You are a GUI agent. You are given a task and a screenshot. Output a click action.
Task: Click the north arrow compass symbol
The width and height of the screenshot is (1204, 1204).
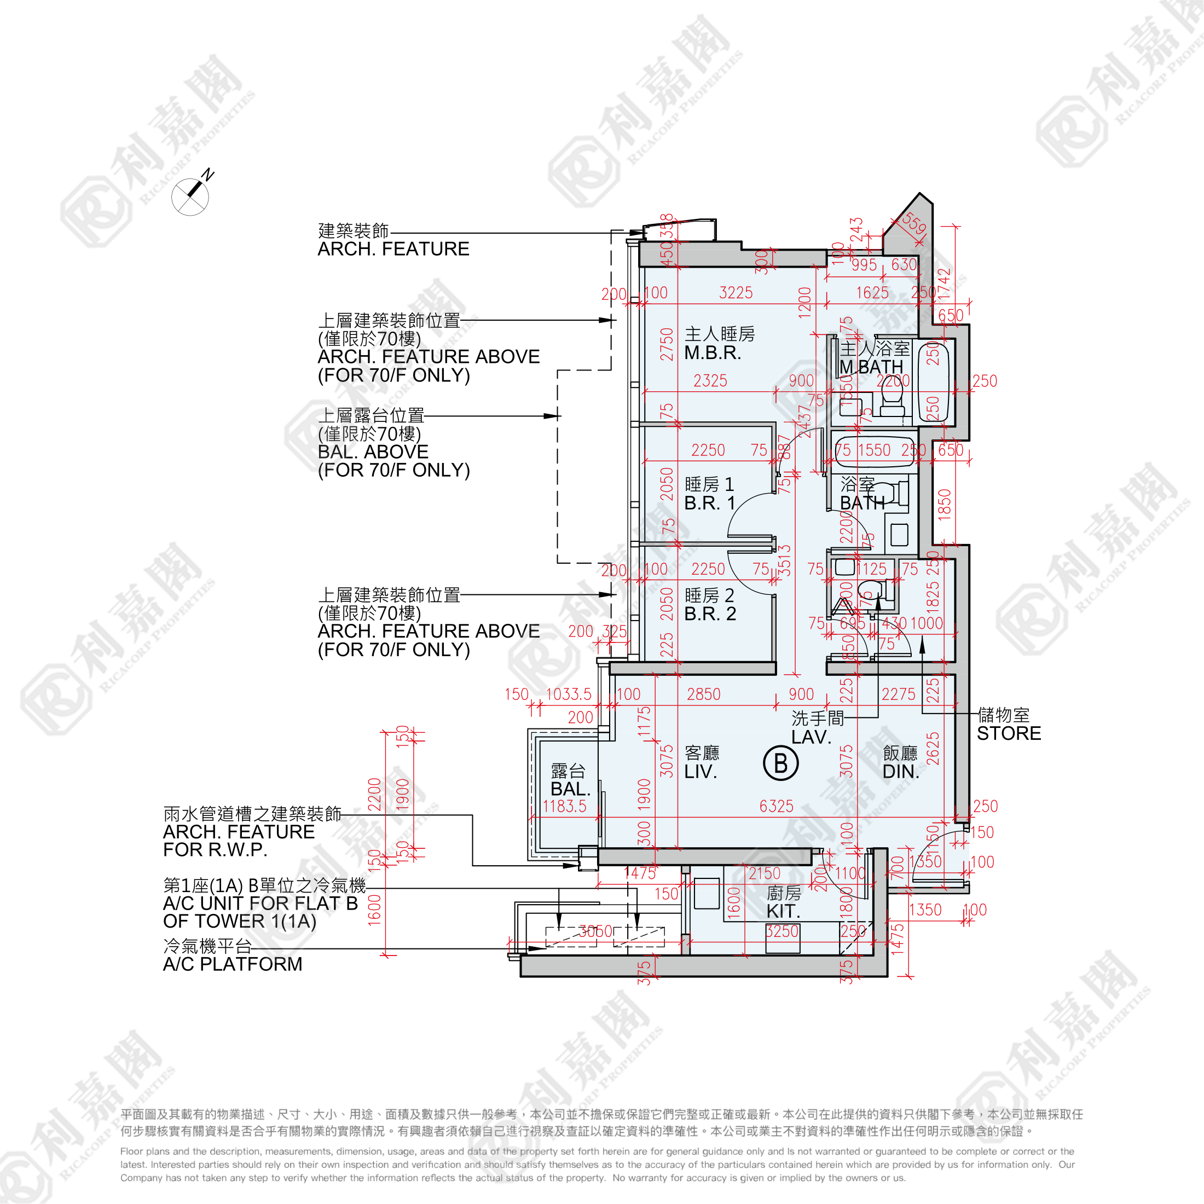(x=190, y=196)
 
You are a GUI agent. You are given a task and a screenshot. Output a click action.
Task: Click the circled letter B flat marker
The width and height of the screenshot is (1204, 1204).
(x=780, y=763)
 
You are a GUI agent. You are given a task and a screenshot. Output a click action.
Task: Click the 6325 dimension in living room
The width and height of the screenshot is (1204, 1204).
(x=776, y=806)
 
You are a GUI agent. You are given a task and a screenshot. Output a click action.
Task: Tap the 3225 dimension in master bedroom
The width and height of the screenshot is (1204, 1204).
(x=736, y=293)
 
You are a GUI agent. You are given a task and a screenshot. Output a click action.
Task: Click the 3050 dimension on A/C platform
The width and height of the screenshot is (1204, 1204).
(x=596, y=931)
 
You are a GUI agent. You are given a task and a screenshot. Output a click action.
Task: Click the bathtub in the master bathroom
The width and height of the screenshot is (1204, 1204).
(x=933, y=381)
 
